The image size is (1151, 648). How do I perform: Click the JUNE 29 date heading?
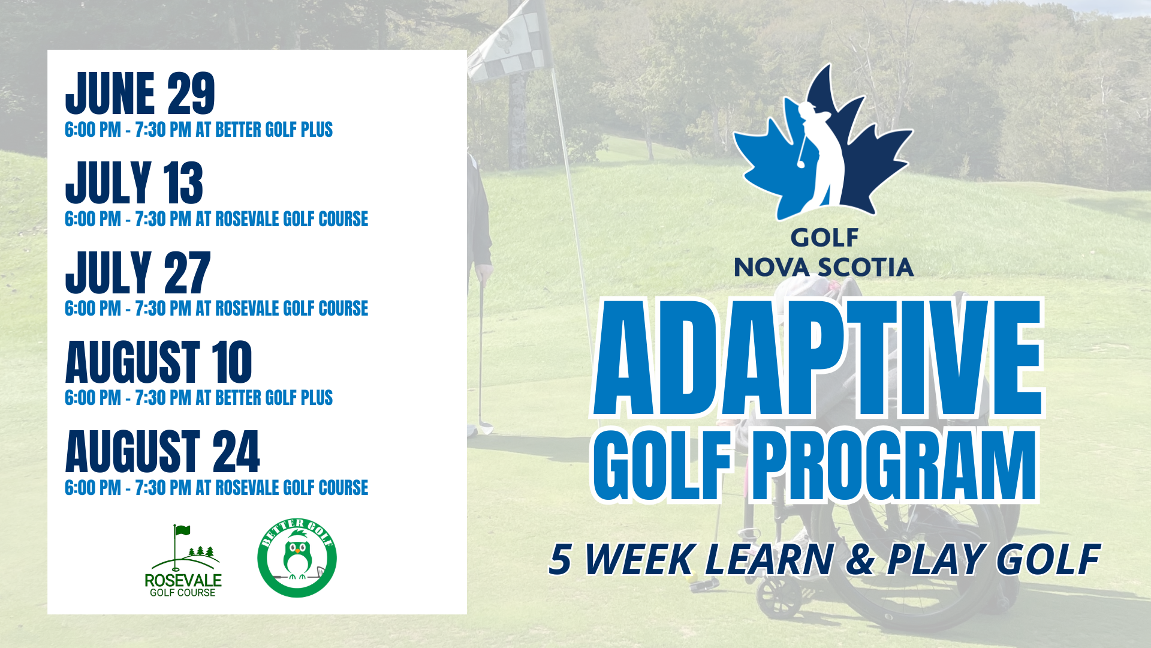pyautogui.click(x=140, y=93)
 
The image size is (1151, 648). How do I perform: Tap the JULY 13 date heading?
pyautogui.click(x=134, y=183)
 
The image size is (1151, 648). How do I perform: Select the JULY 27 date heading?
pyautogui.click(x=138, y=272)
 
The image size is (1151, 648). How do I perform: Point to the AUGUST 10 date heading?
pyautogui.click(x=159, y=362)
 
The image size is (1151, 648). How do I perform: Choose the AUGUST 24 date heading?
pyautogui.click(x=162, y=451)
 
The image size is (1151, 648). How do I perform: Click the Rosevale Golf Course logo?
pyautogui.click(x=183, y=560)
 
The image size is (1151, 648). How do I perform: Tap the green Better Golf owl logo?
pyautogui.click(x=297, y=558)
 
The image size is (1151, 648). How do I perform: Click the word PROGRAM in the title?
pyautogui.click(x=894, y=465)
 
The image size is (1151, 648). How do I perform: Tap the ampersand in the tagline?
pyautogui.click(x=861, y=559)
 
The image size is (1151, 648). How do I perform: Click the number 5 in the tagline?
pyautogui.click(x=561, y=559)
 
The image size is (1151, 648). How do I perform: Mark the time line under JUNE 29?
pyautogui.click(x=198, y=130)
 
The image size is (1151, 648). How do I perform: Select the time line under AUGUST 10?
pyautogui.click(x=198, y=398)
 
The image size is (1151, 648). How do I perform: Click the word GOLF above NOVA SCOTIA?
pyautogui.click(x=824, y=238)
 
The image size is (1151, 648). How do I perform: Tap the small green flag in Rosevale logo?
pyautogui.click(x=182, y=530)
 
